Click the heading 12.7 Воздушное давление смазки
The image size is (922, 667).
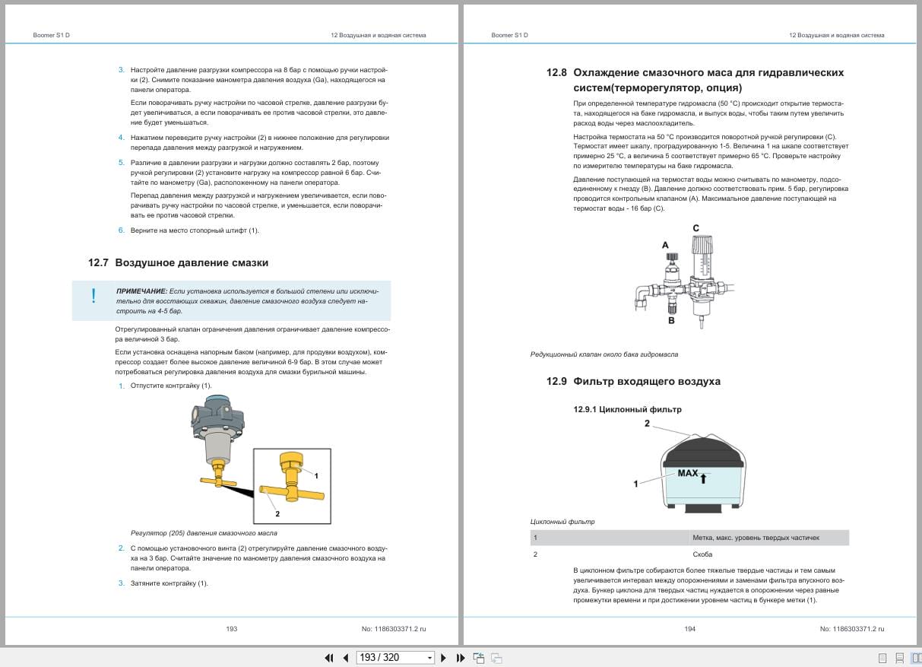click(178, 262)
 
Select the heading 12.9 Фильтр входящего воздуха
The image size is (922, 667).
click(633, 381)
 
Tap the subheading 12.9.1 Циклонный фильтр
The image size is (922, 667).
click(627, 409)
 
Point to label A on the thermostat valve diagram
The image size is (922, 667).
click(665, 245)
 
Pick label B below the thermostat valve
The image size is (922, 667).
click(671, 321)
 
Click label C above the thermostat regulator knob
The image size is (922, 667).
click(695, 228)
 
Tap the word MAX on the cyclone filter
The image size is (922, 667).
click(687, 473)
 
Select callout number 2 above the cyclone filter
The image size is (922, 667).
click(647, 423)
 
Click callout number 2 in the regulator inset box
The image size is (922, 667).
click(277, 513)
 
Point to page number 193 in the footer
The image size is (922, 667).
click(232, 629)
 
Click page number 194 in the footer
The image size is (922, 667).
click(689, 629)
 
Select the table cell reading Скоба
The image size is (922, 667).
click(702, 554)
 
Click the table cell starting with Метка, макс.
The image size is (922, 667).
click(755, 538)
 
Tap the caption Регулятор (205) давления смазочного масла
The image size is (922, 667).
click(204, 533)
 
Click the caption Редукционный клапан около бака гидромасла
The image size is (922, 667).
click(604, 354)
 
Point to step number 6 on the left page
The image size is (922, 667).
click(121, 230)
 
